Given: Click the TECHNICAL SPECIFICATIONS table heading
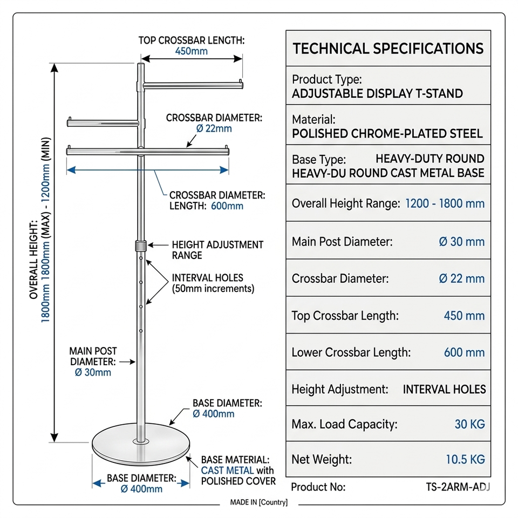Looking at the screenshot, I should point(388,49).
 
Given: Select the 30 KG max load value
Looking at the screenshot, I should point(469,424).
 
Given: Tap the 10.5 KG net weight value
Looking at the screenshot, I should point(465,460).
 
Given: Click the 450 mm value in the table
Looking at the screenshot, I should point(464,316).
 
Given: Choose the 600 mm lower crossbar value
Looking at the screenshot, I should point(464,352).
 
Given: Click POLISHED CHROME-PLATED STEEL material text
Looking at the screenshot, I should point(387,133).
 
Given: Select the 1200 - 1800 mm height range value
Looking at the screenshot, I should point(445,203).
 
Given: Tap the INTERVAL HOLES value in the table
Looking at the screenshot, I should point(444,389).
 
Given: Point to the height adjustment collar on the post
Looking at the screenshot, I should point(140,247).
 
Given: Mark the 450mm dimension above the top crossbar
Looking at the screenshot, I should point(191,52).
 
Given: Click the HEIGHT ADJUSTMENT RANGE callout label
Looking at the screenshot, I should point(217,250).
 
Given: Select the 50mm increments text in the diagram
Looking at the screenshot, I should point(213,289).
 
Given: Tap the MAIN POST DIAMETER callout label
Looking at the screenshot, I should point(93,357).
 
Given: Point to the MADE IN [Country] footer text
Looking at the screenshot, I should point(259,502).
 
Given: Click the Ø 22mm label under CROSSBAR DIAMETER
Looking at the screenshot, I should point(214,128).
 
